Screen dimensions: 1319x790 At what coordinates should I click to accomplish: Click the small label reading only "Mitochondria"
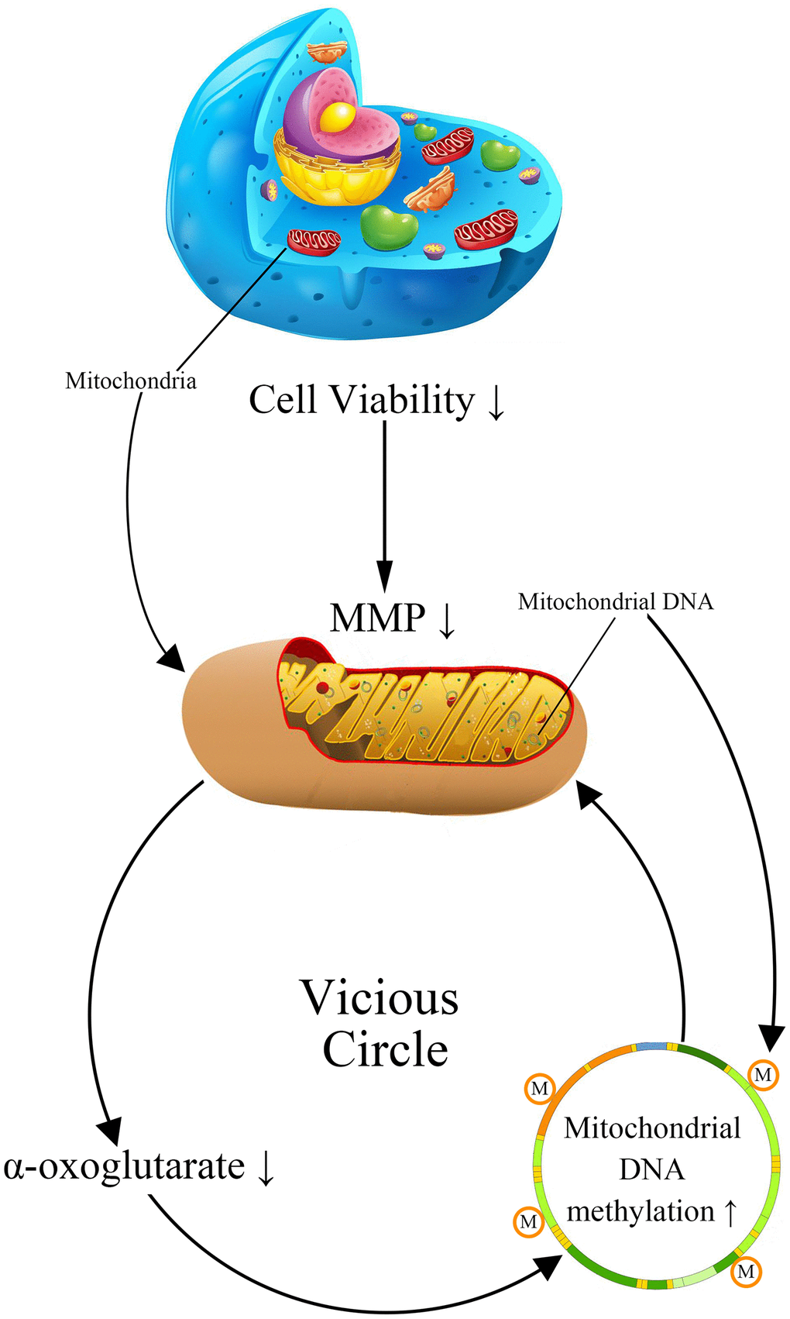pyautogui.click(x=130, y=381)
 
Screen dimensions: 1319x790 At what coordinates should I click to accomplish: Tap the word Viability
pyautogui.click(x=402, y=401)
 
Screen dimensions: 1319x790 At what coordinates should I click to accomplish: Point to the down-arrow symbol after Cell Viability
pyautogui.click(x=496, y=403)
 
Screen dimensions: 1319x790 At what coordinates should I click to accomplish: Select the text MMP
pyautogui.click(x=377, y=618)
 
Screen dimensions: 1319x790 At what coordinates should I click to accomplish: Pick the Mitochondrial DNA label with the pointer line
pyautogui.click(x=615, y=601)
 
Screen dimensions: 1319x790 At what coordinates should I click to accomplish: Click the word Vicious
pyautogui.click(x=380, y=997)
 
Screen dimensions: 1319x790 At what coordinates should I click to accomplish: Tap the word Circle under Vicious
pyautogui.click(x=385, y=1050)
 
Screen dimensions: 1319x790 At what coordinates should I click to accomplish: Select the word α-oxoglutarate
pyautogui.click(x=124, y=1166)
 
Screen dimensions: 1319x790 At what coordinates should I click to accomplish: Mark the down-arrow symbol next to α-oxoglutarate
pyautogui.click(x=266, y=1169)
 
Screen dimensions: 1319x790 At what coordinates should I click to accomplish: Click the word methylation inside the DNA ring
pyautogui.click(x=641, y=1211)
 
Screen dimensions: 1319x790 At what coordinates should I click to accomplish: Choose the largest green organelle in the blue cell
pyautogui.click(x=389, y=227)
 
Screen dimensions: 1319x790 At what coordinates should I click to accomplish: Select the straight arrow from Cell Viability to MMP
pyautogui.click(x=384, y=504)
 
